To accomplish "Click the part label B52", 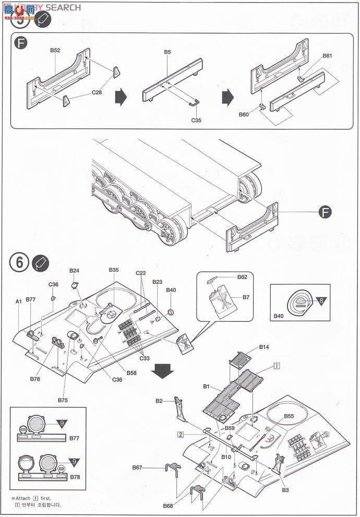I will pyautogui.click(x=55, y=50).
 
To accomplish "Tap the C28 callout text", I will pyautogui.click(x=97, y=92).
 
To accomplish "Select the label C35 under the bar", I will pyautogui.click(x=196, y=120).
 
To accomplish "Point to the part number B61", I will pyautogui.click(x=327, y=55).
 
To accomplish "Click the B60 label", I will pyautogui.click(x=244, y=114).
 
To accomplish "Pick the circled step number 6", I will pyautogui.click(x=19, y=263).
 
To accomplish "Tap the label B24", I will pyautogui.click(x=75, y=271).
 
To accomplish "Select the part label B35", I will pyautogui.click(x=114, y=269).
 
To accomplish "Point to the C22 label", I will pyautogui.click(x=141, y=273).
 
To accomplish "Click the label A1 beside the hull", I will pyautogui.click(x=18, y=301).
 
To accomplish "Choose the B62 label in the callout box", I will pyautogui.click(x=242, y=277).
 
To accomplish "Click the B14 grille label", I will pyautogui.click(x=264, y=347).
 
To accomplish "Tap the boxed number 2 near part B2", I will pyautogui.click(x=179, y=434).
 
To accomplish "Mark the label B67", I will pyautogui.click(x=138, y=467).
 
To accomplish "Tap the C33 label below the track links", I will pyautogui.click(x=144, y=358).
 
